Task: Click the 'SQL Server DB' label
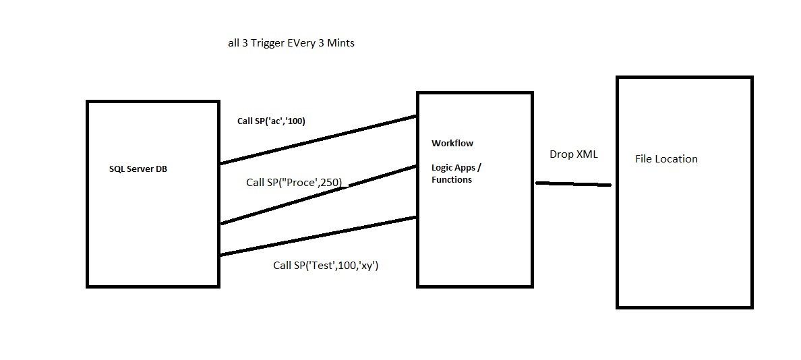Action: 138,169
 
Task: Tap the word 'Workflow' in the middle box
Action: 452,143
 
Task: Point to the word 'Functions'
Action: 452,180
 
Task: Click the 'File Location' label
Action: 666,159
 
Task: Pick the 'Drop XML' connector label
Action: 574,154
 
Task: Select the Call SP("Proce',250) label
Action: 294,182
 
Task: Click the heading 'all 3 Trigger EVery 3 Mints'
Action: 291,43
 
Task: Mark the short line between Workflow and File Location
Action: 573,184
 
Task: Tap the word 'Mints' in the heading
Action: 340,43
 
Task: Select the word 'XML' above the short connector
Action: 586,154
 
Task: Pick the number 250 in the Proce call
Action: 332,182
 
